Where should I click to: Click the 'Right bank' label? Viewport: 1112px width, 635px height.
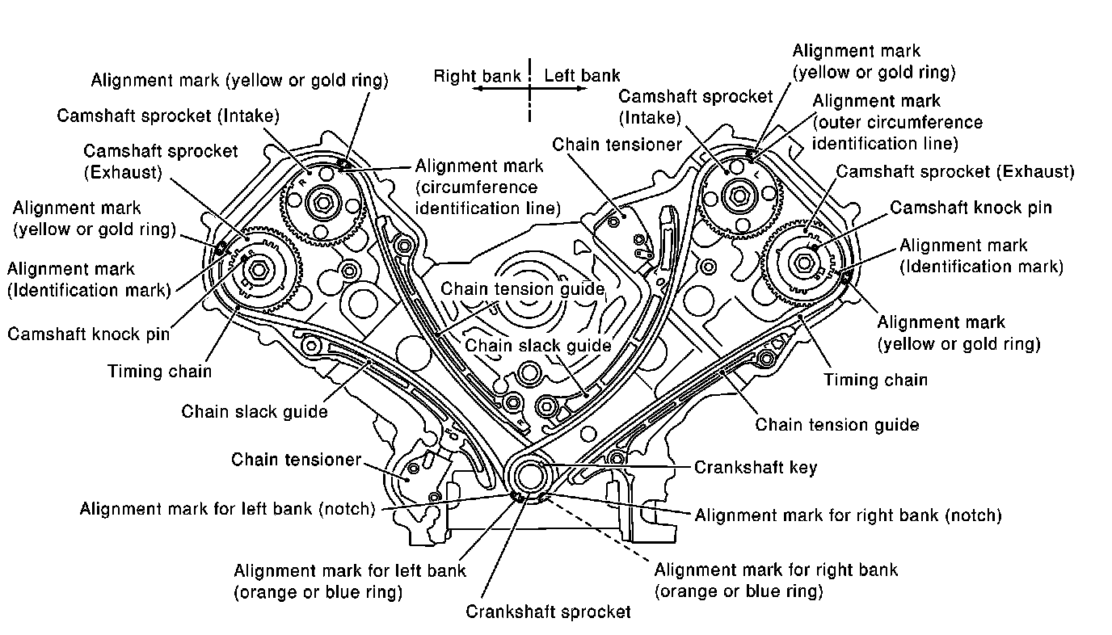(x=478, y=77)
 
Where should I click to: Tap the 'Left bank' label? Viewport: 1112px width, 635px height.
(x=582, y=76)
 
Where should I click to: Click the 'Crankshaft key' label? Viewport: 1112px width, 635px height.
(x=756, y=467)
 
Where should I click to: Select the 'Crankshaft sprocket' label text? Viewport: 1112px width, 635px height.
(x=548, y=611)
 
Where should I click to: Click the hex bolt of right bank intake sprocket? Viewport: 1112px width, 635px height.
(x=322, y=200)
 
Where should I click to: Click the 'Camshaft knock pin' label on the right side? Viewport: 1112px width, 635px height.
(x=971, y=208)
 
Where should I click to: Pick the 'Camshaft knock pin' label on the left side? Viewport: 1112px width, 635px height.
(x=89, y=333)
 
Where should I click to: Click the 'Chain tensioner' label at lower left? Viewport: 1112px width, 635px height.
(x=297, y=460)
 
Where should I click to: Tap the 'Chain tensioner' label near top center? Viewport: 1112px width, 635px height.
(x=617, y=145)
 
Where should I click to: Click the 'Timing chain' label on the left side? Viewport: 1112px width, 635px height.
(x=160, y=372)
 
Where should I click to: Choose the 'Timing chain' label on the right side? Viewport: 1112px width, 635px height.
(x=875, y=379)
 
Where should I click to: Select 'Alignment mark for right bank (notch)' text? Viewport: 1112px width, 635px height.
(x=848, y=515)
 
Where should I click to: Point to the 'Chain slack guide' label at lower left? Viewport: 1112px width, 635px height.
(x=255, y=411)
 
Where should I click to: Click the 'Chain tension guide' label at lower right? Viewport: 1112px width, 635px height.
(x=836, y=424)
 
